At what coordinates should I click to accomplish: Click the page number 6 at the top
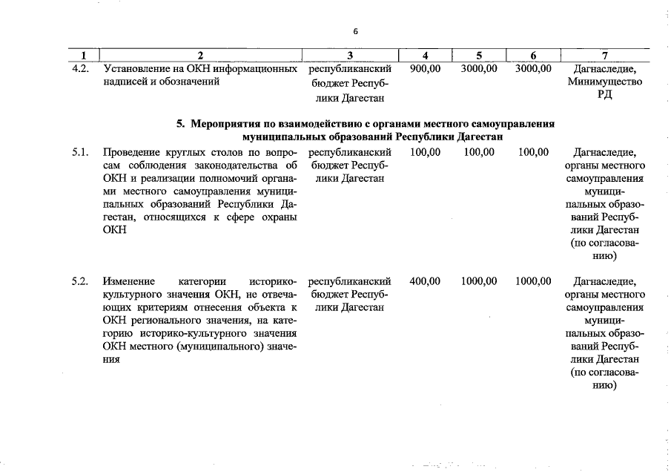356,31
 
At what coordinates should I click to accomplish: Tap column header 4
425,55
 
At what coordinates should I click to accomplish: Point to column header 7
605,55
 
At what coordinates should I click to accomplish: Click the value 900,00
425,68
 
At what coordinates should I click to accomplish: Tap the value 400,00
425,281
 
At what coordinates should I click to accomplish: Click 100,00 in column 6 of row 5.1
533,152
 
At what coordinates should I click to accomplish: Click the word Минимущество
605,82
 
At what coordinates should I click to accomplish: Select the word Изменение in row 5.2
129,281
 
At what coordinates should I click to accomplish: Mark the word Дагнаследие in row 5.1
605,152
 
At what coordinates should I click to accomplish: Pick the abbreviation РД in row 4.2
605,96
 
